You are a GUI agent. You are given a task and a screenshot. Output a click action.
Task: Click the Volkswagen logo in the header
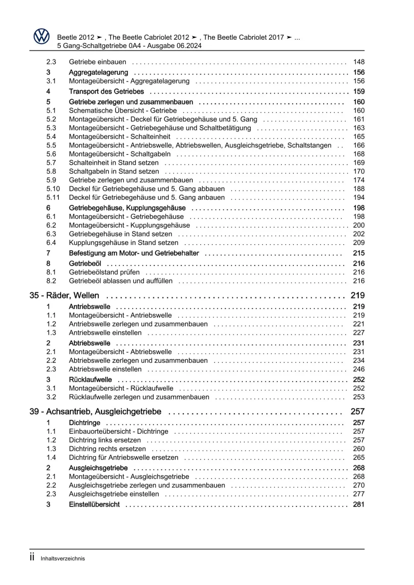pyautogui.click(x=41, y=36)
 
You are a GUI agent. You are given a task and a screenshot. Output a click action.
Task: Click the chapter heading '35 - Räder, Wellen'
pyautogui.click(x=64, y=296)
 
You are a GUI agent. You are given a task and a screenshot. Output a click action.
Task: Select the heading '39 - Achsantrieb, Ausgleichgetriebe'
pyautogui.click(x=95, y=412)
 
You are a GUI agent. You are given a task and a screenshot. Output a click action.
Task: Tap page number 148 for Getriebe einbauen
pyautogui.click(x=359, y=62)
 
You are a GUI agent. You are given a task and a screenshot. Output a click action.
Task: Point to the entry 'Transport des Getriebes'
pyautogui.click(x=107, y=91)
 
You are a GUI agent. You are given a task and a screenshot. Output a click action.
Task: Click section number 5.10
pyautogui.click(x=53, y=189)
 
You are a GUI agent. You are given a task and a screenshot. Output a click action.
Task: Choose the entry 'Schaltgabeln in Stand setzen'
pyautogui.click(x=114, y=171)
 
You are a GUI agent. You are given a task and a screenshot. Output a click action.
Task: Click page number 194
pyautogui.click(x=359, y=197)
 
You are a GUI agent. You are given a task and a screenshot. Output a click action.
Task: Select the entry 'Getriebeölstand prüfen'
pyautogui.click(x=104, y=272)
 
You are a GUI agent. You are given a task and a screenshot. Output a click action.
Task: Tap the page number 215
pyautogui.click(x=359, y=253)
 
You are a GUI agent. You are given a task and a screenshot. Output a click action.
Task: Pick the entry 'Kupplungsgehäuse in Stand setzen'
pyautogui.click(x=123, y=243)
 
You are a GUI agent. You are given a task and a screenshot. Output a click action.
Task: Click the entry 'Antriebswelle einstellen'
pyautogui.click(x=105, y=333)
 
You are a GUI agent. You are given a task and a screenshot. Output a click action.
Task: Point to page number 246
pyautogui.click(x=359, y=369)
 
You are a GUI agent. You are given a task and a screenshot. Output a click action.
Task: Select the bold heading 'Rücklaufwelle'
pyautogui.click(x=90, y=380)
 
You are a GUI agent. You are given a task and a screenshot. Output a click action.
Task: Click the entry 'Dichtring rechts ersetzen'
pyautogui.click(x=107, y=449)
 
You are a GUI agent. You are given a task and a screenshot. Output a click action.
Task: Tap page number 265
pyautogui.click(x=359, y=457)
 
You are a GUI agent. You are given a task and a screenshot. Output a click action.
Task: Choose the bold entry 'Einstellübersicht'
pyautogui.click(x=94, y=505)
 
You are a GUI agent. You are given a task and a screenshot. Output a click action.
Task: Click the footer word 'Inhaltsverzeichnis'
pyautogui.click(x=63, y=559)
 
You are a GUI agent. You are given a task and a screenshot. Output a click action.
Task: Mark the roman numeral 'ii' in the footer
pyautogui.click(x=32, y=557)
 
